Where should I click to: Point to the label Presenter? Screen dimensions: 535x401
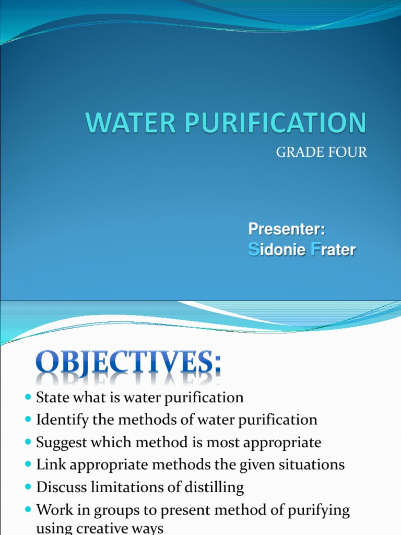point(287,229)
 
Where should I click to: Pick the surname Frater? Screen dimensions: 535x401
point(333,250)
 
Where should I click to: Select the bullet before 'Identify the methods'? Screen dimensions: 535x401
point(28,420)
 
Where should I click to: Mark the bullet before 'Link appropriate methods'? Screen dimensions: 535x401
point(28,465)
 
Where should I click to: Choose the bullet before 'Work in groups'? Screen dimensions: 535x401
point(28,510)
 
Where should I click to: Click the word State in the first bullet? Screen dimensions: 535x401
point(50,398)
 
